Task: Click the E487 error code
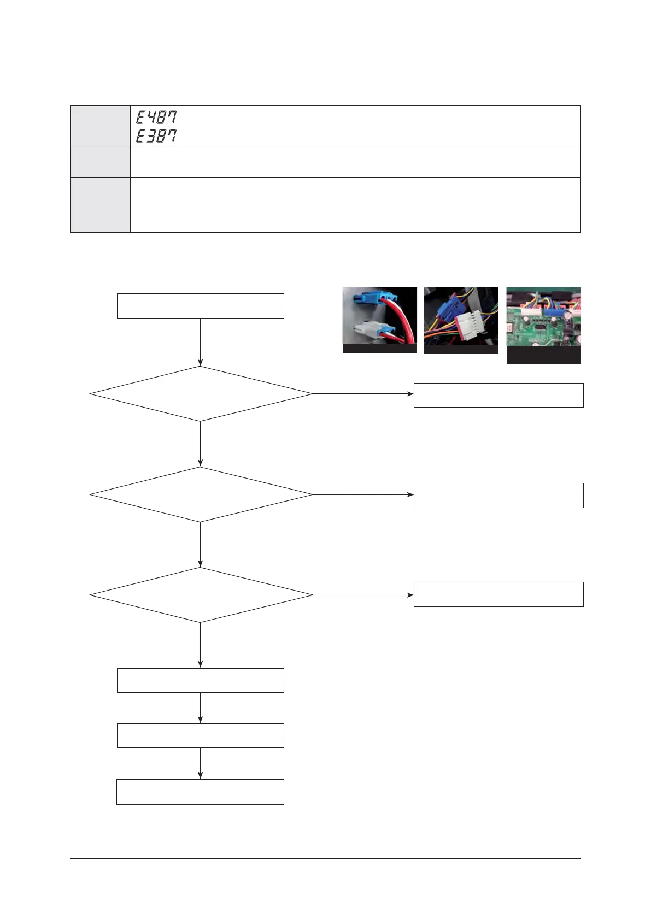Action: click(x=156, y=117)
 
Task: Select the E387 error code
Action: click(x=156, y=135)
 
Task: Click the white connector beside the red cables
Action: click(x=370, y=328)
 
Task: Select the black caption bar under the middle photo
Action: click(x=460, y=349)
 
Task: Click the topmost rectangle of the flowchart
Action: click(x=200, y=306)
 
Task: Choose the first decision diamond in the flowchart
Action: click(x=201, y=393)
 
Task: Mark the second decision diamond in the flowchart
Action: click(x=201, y=494)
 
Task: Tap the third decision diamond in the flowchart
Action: click(x=201, y=595)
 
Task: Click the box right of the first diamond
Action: click(x=498, y=395)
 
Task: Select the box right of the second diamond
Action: click(x=498, y=496)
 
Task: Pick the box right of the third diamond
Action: click(x=498, y=594)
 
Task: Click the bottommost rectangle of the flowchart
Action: click(x=200, y=792)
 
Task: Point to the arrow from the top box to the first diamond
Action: click(x=201, y=342)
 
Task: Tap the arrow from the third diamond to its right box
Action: click(x=363, y=594)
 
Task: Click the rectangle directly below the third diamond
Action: click(x=200, y=680)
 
